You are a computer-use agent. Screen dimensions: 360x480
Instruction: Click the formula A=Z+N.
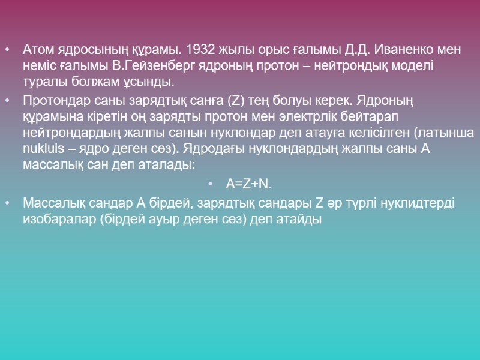point(248,183)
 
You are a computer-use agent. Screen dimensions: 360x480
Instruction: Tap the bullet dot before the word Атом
point(6,50)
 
